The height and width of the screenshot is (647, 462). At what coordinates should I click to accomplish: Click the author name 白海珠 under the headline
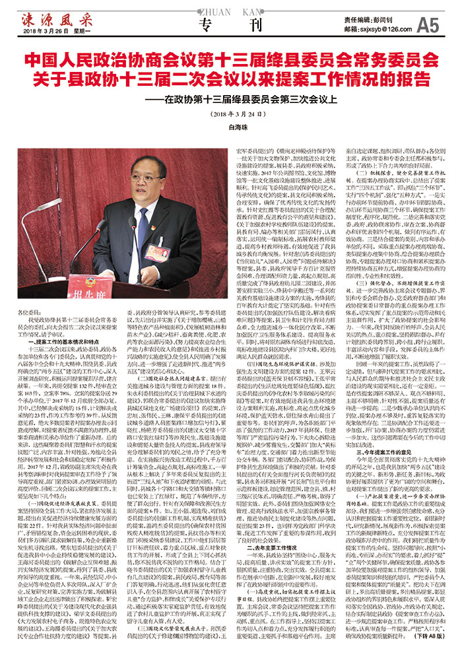click(231, 125)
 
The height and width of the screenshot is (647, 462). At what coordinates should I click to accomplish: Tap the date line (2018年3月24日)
click(231, 113)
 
